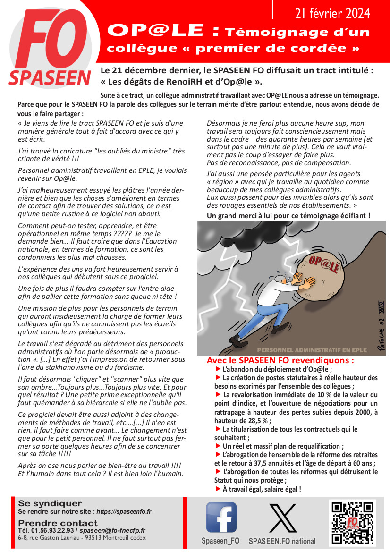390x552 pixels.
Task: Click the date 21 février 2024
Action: pos(332,13)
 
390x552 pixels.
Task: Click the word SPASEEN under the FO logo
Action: pos(50,77)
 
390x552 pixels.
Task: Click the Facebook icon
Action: pos(221,517)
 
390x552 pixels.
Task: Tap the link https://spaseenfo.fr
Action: pos(124,511)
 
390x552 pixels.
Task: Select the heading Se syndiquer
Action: pos(50,503)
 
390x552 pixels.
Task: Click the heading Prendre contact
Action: pos(58,523)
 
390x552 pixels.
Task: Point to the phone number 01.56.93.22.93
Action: pos(49,531)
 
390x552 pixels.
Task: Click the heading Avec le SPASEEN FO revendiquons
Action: pos(280,360)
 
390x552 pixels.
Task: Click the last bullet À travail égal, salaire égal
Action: pos(261,489)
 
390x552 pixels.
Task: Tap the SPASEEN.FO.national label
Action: pos(282,541)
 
